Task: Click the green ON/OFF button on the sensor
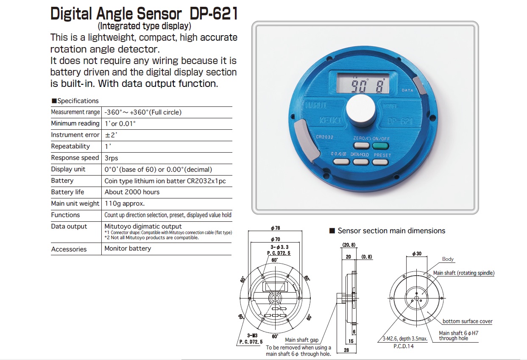pyautogui.click(x=381, y=146)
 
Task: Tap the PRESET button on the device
pyautogui.click(x=381, y=162)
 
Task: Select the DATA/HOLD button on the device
pyautogui.click(x=360, y=162)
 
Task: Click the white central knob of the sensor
pyautogui.click(x=360, y=110)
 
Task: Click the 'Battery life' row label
pyautogui.click(x=67, y=192)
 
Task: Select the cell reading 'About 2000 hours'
pyautogui.click(x=132, y=192)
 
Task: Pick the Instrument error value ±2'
pyautogui.click(x=111, y=135)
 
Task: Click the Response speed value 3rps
pyautogui.click(x=111, y=158)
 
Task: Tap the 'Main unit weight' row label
pyautogui.click(x=75, y=204)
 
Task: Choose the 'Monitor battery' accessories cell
pyautogui.click(x=128, y=248)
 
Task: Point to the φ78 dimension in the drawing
pyautogui.click(x=275, y=228)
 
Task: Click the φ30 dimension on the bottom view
pyautogui.click(x=416, y=254)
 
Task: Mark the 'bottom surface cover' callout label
pyautogui.click(x=467, y=321)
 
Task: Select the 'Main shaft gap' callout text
pyautogui.click(x=301, y=340)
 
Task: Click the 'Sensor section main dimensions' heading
pyautogui.click(x=391, y=231)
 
